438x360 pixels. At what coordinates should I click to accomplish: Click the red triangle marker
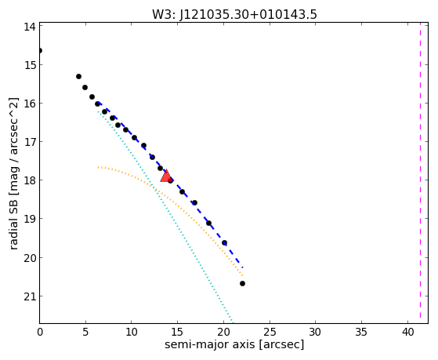[x=166, y=176]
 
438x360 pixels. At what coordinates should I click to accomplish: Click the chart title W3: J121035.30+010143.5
[x=234, y=14]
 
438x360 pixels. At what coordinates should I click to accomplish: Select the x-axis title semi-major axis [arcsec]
[x=234, y=344]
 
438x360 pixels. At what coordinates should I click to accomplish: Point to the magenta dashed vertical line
[x=420, y=173]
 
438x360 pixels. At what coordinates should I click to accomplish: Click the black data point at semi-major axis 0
[x=40, y=51]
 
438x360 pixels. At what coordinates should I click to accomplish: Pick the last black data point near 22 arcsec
[x=242, y=284]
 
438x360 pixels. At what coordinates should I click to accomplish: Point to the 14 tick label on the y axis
[x=30, y=27]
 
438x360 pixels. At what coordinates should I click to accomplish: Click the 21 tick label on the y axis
[x=30, y=296]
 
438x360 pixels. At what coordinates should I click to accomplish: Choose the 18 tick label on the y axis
[x=30, y=180]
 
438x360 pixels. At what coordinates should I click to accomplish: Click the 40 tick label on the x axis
[x=407, y=333]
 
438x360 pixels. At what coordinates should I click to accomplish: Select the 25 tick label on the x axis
[x=270, y=333]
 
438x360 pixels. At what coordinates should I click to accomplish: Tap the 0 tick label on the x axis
[x=40, y=333]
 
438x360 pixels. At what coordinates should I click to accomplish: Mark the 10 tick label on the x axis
[x=132, y=333]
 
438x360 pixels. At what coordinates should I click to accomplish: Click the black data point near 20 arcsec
[x=224, y=243]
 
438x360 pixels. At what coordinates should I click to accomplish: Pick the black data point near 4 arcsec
[x=79, y=76]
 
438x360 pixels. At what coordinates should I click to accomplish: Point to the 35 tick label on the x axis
[x=362, y=333]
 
